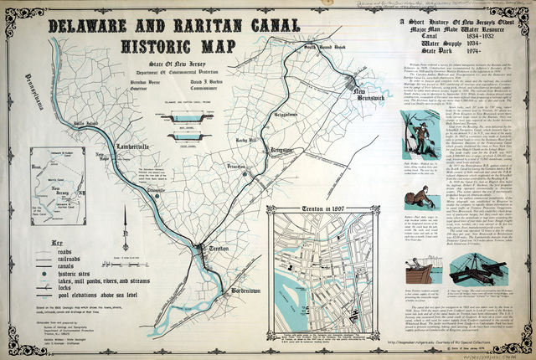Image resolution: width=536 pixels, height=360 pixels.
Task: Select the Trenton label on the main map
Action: pyautogui.click(x=217, y=249)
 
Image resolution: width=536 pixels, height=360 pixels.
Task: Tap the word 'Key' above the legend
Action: pyautogui.click(x=56, y=238)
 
